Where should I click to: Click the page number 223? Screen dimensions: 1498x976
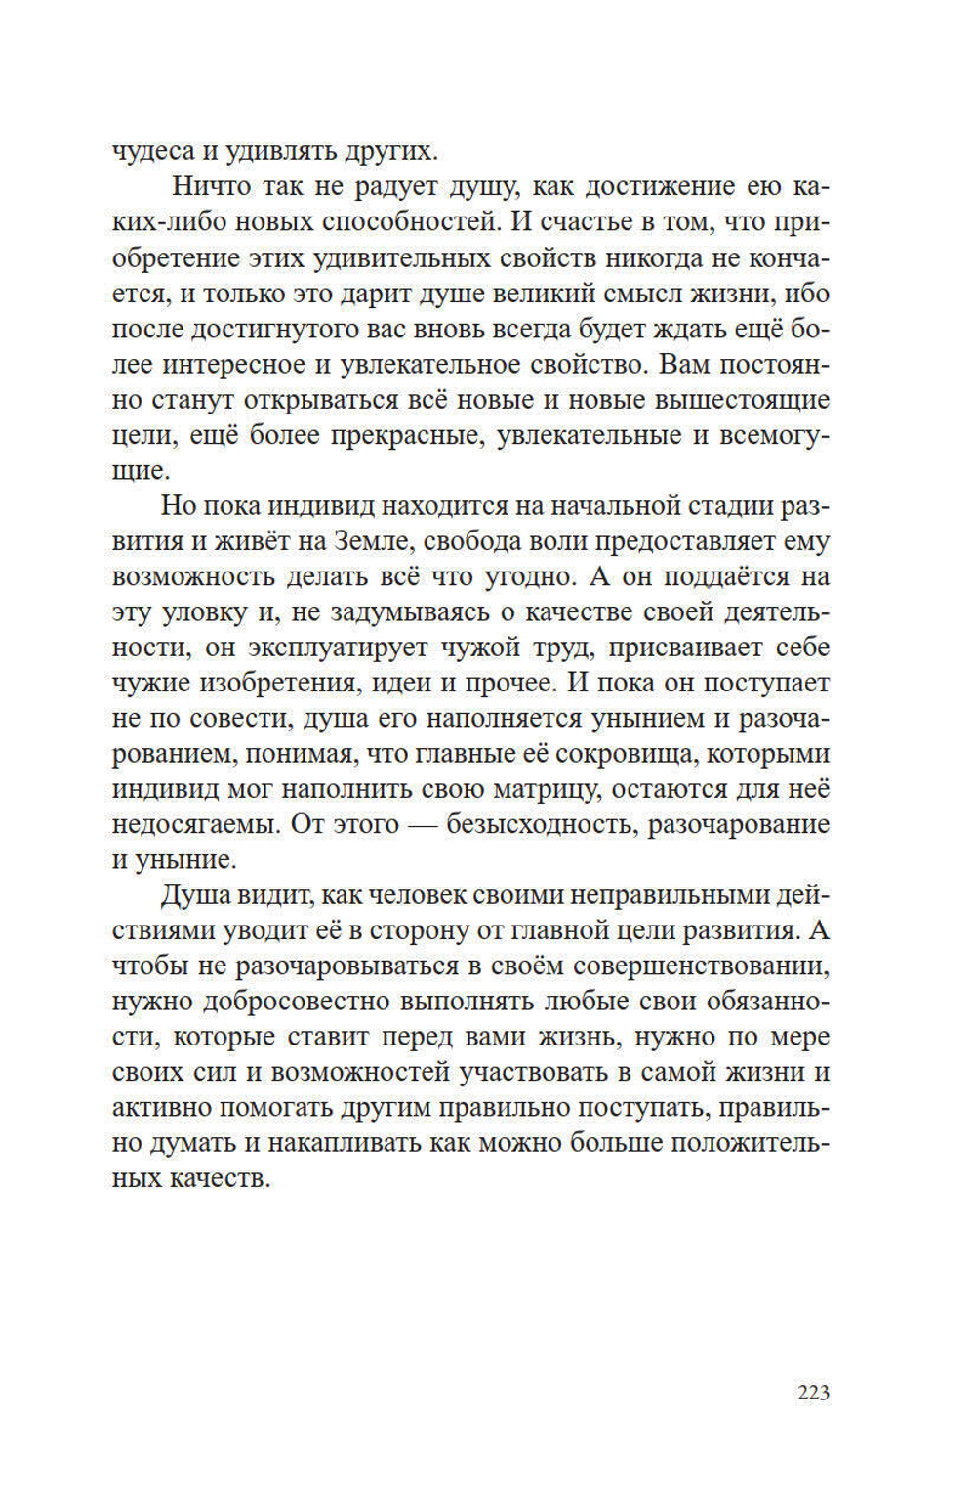click(813, 1392)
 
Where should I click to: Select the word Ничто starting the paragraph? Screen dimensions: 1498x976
click(211, 186)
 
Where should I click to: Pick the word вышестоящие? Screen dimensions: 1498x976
click(743, 399)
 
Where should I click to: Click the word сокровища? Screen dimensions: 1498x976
click(628, 754)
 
